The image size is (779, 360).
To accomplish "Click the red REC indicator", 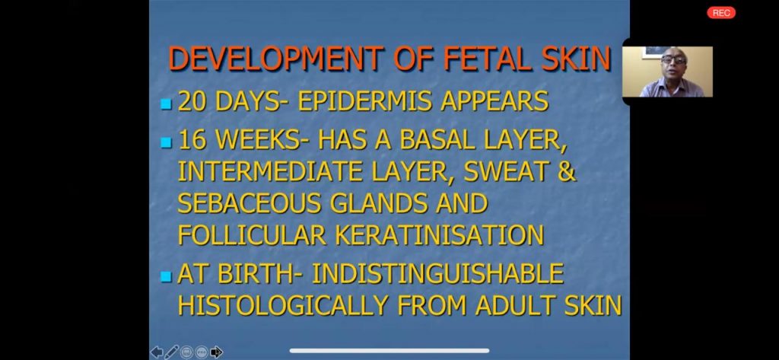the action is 721,13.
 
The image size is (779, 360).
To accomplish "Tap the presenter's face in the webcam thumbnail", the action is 674,63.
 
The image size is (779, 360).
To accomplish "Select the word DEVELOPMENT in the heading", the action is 277,58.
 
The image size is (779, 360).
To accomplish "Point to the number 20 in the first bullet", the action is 194,101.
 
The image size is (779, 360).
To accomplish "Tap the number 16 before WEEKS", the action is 193,140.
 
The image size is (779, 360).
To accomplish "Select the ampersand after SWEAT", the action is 566,171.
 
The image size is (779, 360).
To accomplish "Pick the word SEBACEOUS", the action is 250,203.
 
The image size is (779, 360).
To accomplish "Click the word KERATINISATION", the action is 439,234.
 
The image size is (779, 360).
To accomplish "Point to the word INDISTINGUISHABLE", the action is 437,273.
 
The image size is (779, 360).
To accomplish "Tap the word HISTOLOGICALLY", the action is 282,305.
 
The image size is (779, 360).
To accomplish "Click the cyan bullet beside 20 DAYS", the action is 167,104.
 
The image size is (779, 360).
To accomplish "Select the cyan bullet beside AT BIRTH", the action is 167,276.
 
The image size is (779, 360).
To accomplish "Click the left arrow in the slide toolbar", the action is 157,352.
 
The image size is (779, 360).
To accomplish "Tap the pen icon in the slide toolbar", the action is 171,352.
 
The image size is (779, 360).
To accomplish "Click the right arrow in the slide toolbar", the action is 217,352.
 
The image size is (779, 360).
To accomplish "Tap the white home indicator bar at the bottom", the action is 389,351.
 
